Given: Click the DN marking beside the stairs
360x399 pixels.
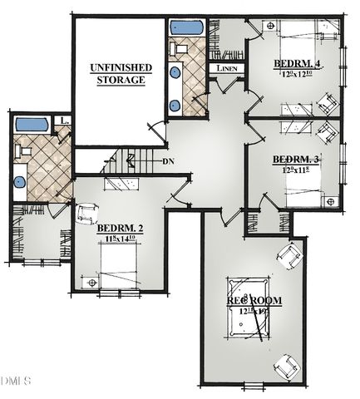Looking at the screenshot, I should coord(169,161).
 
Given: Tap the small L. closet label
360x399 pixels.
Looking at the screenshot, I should coord(64,121).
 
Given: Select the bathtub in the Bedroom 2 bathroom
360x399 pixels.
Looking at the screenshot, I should coord(32,126).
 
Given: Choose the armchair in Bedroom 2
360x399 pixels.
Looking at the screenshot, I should coord(86,214).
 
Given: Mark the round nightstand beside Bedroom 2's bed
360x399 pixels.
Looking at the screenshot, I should coord(91,283).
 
